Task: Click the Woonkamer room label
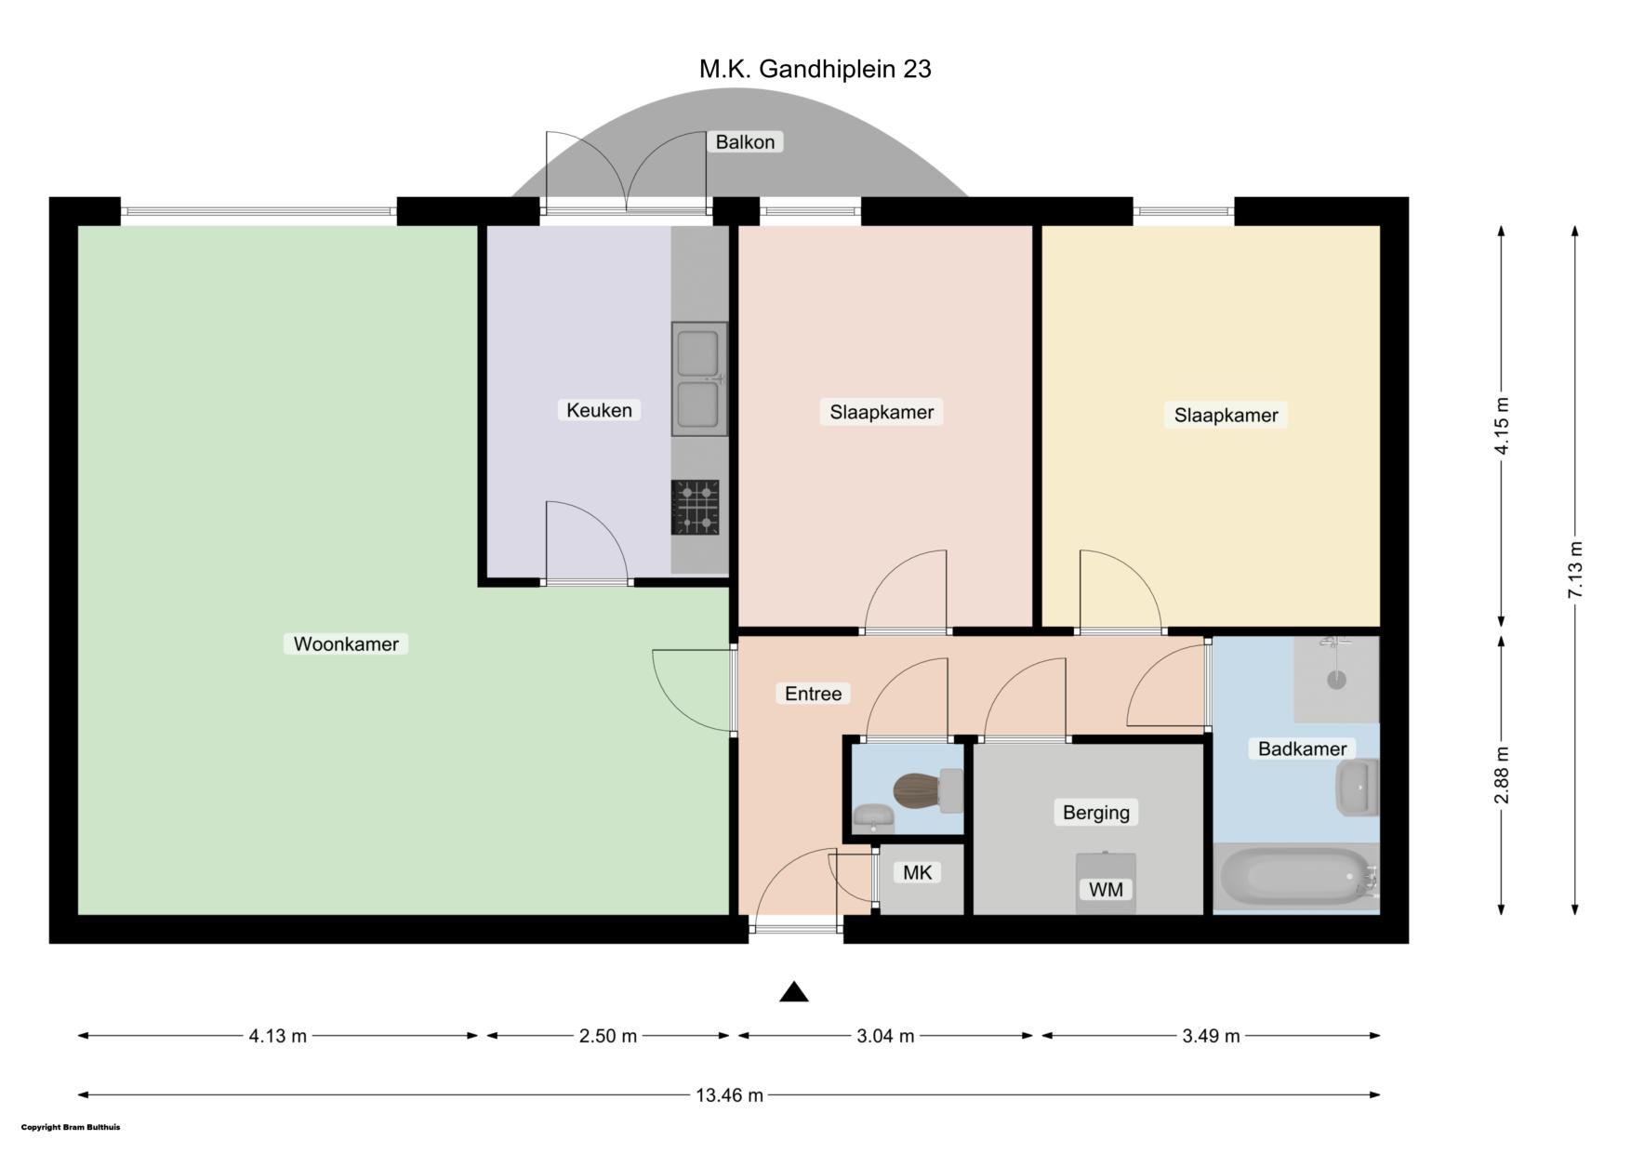346,643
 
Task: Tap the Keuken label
599,410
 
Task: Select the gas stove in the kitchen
696,508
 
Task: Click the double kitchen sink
699,378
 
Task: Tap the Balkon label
745,142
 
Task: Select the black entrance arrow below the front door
793,992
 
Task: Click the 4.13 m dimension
277,1036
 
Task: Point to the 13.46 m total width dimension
729,1095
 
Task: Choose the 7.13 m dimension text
1574,570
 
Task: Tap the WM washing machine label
1106,890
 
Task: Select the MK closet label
918,872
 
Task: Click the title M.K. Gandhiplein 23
815,69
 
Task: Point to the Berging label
1096,813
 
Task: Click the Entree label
813,694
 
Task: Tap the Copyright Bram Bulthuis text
71,1128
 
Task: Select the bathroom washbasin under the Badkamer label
1358,787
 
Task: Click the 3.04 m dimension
885,1036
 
